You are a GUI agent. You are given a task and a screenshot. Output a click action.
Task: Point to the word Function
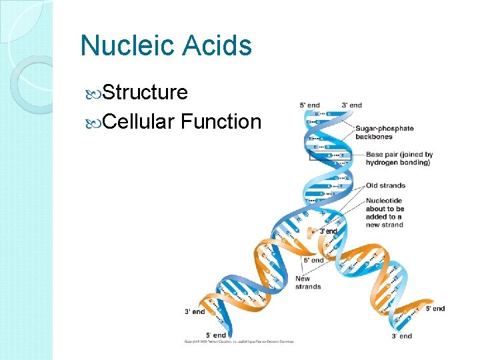(221, 121)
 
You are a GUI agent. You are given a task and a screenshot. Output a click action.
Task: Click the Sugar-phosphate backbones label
(384, 132)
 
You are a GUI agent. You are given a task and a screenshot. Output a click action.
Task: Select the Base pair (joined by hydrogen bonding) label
(399, 159)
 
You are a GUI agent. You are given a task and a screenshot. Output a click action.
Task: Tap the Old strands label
(385, 185)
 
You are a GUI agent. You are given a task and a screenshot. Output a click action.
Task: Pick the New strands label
(307, 283)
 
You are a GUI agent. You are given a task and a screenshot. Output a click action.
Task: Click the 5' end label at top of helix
(309, 105)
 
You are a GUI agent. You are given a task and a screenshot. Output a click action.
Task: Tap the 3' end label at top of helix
(351, 105)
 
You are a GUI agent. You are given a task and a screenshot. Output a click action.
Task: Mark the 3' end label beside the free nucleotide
(329, 231)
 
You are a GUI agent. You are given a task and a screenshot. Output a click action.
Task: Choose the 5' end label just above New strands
(313, 260)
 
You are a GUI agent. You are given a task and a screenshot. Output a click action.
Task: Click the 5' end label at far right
(435, 309)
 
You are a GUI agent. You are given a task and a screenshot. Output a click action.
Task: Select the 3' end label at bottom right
(402, 336)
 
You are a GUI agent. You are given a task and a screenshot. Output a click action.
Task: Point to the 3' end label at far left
(195, 312)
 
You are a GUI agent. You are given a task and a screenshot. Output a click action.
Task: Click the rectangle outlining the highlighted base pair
(329, 157)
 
